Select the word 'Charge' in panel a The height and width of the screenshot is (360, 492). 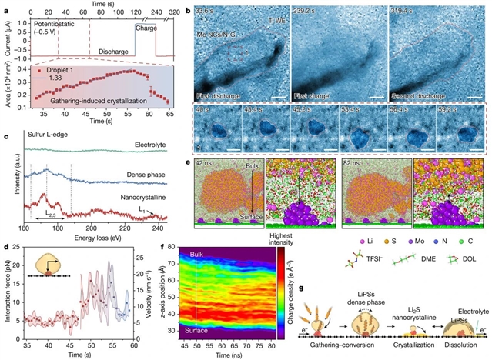[x=146, y=28]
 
